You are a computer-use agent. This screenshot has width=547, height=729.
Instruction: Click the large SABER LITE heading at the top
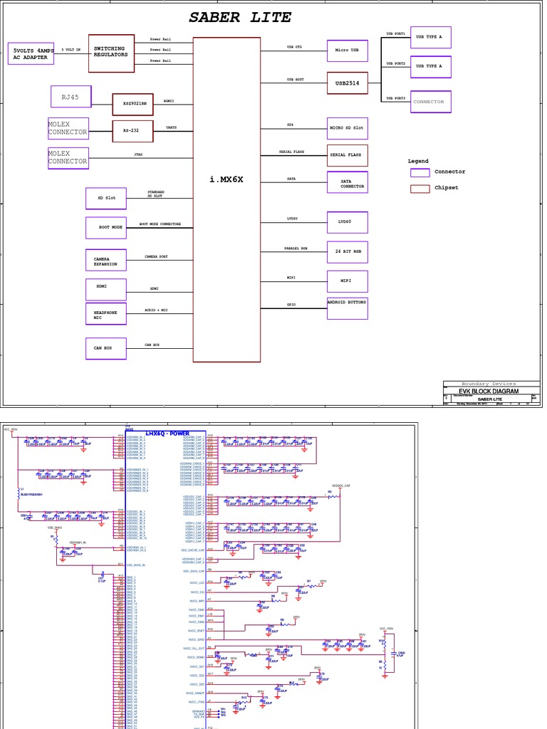[x=240, y=18]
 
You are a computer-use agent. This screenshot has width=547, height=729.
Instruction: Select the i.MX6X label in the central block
[x=226, y=179]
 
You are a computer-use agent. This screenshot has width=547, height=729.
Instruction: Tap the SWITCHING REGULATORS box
[x=111, y=53]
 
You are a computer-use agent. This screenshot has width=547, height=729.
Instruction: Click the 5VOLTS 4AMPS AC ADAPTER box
[x=31, y=53]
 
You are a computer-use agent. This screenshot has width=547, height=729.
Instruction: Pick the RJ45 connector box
[x=71, y=97]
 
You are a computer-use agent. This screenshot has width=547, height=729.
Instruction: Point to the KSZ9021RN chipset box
[x=132, y=104]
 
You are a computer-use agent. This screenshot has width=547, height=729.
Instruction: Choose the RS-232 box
[x=132, y=131]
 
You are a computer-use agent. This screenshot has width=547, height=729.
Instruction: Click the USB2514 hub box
[x=348, y=83]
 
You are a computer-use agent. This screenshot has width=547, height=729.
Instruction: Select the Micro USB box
[x=348, y=51]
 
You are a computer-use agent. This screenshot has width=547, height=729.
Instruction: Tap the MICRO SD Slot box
[x=348, y=128]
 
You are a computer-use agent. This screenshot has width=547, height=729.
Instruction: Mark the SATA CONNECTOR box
[x=348, y=182]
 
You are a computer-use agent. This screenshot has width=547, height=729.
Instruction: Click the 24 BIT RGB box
[x=348, y=251]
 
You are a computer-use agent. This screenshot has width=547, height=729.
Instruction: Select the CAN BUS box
[x=105, y=348]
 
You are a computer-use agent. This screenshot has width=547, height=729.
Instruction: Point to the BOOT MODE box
[x=105, y=228]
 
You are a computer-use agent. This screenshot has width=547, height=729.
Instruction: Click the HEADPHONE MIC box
[x=105, y=314]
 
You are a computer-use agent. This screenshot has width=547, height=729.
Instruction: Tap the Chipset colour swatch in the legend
[x=420, y=189]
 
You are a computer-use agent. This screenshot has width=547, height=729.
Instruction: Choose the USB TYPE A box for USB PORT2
[x=430, y=66]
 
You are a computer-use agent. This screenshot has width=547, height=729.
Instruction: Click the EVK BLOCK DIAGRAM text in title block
[x=489, y=392]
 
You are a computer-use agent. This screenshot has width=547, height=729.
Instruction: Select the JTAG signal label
[x=138, y=154]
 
